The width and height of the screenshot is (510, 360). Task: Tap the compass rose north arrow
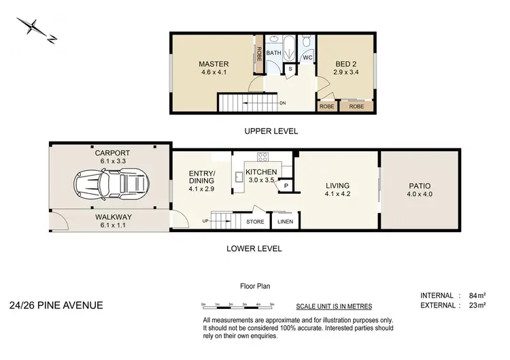point(34,30)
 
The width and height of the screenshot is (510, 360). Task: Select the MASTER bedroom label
point(214,65)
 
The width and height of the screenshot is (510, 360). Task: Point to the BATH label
point(273,52)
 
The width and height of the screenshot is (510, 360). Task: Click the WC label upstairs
point(307,58)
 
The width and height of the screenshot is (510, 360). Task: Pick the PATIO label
point(420,186)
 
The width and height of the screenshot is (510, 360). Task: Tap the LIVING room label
point(337,186)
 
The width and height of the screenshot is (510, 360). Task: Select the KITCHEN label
point(261,172)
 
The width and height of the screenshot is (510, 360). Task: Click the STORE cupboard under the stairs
point(255,220)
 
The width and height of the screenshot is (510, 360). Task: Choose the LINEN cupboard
point(284,220)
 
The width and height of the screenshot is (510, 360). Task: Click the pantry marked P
point(286,185)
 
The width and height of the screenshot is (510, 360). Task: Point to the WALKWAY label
point(114,217)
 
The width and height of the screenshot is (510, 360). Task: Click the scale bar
point(237,304)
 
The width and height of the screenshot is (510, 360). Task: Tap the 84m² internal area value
point(477,295)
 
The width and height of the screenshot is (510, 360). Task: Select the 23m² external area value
point(477,306)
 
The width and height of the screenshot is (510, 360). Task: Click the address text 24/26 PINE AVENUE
point(56,305)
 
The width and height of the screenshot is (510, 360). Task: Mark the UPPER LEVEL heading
point(272,131)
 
